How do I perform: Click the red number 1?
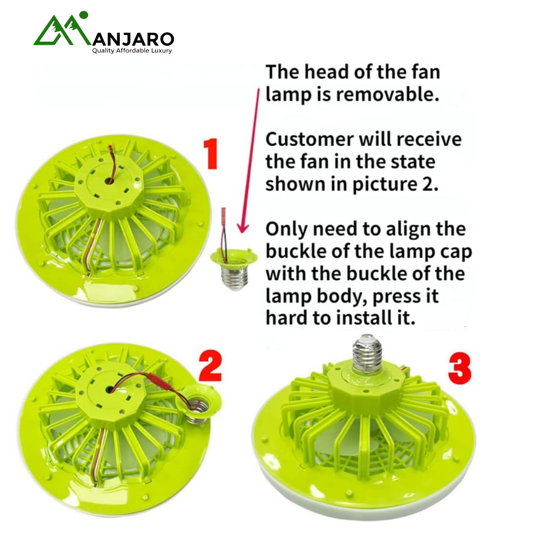click(211, 154)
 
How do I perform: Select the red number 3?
click(460, 369)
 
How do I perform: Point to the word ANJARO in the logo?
click(133, 39)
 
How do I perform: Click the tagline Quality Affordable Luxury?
click(132, 51)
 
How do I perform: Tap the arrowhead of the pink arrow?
click(243, 228)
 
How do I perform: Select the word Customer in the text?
click(310, 139)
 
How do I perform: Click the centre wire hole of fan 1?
click(110, 180)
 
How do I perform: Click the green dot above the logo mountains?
click(83, 15)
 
